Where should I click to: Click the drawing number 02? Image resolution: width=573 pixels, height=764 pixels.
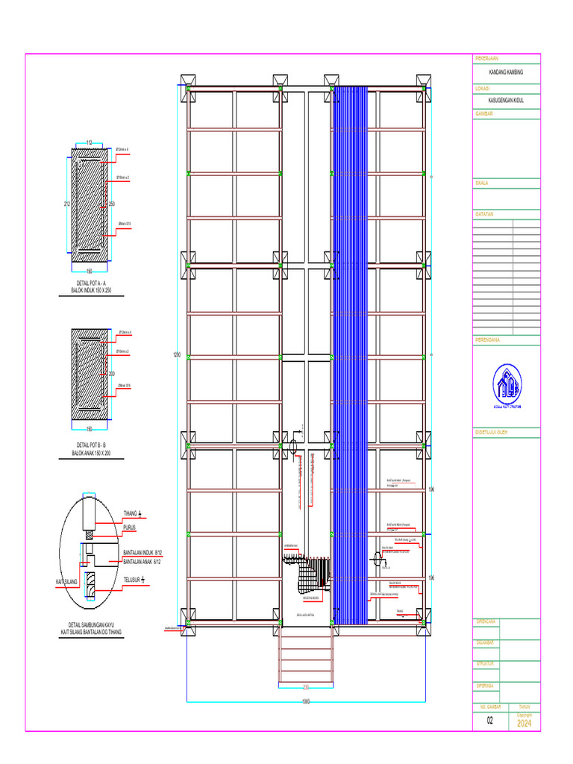point(490,721)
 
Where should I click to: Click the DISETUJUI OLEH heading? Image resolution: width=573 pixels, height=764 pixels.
point(492,432)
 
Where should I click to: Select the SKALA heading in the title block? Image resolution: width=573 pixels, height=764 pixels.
point(483,183)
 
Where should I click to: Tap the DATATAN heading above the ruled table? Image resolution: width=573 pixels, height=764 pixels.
point(485,214)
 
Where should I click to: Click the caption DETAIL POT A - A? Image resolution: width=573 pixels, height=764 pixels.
point(92,284)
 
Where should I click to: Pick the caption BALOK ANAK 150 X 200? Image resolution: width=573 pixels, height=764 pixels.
point(92,453)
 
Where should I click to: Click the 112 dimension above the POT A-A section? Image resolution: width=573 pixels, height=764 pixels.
point(88,142)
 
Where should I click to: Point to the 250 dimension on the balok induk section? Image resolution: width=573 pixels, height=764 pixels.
point(112,204)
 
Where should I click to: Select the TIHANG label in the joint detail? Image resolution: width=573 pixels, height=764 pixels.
point(133,513)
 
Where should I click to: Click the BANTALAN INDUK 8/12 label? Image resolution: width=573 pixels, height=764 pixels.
point(142,554)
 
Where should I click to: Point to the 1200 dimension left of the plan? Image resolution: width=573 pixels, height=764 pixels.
point(177,354)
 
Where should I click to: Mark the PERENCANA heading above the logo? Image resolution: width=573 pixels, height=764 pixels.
point(487,339)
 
